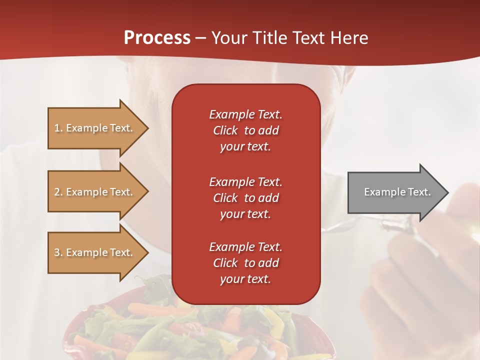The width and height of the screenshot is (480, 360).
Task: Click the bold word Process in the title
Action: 157,37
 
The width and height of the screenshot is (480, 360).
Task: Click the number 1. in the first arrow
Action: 58,128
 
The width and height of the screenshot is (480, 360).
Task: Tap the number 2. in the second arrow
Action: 58,192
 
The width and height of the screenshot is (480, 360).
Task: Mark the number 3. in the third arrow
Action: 58,252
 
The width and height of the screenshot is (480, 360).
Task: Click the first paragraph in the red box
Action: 245,130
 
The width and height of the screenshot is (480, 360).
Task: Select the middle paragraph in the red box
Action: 245,198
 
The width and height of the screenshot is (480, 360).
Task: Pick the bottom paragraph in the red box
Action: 245,263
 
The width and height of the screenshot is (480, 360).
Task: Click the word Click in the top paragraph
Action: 225,130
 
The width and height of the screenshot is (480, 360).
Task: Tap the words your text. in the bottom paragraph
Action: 245,279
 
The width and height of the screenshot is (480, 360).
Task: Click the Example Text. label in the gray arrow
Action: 397,192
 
